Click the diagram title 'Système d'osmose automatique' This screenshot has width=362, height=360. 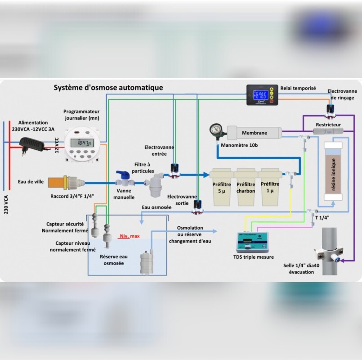(x=108, y=88)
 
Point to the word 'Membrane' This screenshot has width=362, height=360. (x=255, y=133)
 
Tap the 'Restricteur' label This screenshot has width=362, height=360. (x=328, y=125)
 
